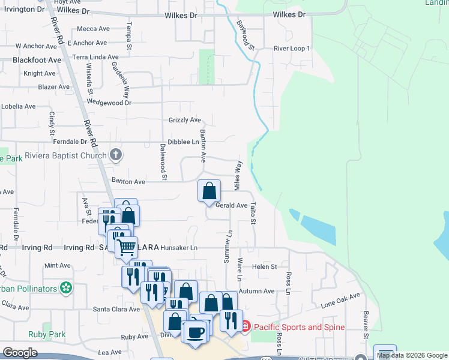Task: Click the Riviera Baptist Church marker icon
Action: (x=116, y=155)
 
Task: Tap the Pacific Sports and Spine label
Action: (x=299, y=327)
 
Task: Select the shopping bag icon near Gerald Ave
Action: (x=209, y=191)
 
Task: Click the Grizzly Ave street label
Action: (x=184, y=120)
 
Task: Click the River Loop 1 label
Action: (x=292, y=49)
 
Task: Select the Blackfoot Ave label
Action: (x=37, y=60)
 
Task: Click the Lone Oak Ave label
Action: (x=340, y=299)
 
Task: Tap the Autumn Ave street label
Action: (x=256, y=291)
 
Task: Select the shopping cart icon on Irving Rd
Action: (x=126, y=247)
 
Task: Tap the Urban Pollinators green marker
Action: (x=67, y=289)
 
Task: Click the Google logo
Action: (x=20, y=353)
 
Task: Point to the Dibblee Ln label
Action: (x=183, y=142)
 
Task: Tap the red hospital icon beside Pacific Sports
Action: (x=245, y=327)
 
